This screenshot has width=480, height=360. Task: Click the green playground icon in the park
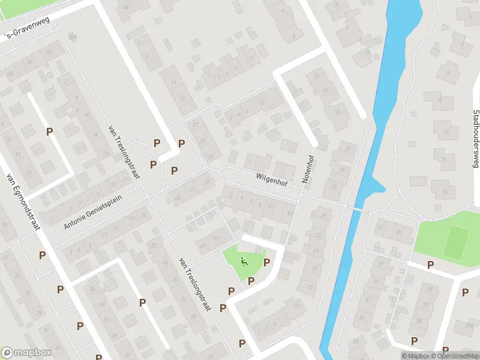(244, 260)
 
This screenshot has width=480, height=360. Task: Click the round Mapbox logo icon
(7, 353)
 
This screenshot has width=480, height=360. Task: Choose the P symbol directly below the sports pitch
(430, 265)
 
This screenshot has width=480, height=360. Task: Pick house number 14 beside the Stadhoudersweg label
(444, 159)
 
